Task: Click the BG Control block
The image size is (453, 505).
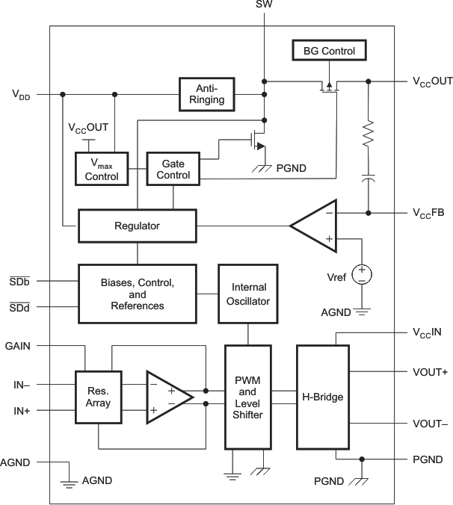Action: pyautogui.click(x=329, y=52)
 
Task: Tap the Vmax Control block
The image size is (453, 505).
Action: pyautogui.click(x=102, y=170)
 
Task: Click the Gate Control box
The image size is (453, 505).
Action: pyautogui.click(x=173, y=170)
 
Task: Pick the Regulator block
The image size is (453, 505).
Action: pyautogui.click(x=137, y=226)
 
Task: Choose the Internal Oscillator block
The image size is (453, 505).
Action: pyautogui.click(x=248, y=294)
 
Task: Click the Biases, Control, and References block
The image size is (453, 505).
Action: pyautogui.click(x=138, y=294)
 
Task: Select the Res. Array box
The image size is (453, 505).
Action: pyautogui.click(x=98, y=397)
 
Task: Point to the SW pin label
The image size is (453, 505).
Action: pyautogui.click(x=264, y=6)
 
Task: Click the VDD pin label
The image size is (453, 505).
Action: pyautogui.click(x=21, y=95)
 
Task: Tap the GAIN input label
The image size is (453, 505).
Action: pyautogui.click(x=18, y=346)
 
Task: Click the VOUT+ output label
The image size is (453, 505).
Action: pyautogui.click(x=430, y=371)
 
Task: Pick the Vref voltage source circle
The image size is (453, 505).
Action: pyautogui.click(x=362, y=274)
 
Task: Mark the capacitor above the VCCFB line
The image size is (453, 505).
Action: pyautogui.click(x=368, y=180)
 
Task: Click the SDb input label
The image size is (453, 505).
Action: pyautogui.click(x=19, y=281)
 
